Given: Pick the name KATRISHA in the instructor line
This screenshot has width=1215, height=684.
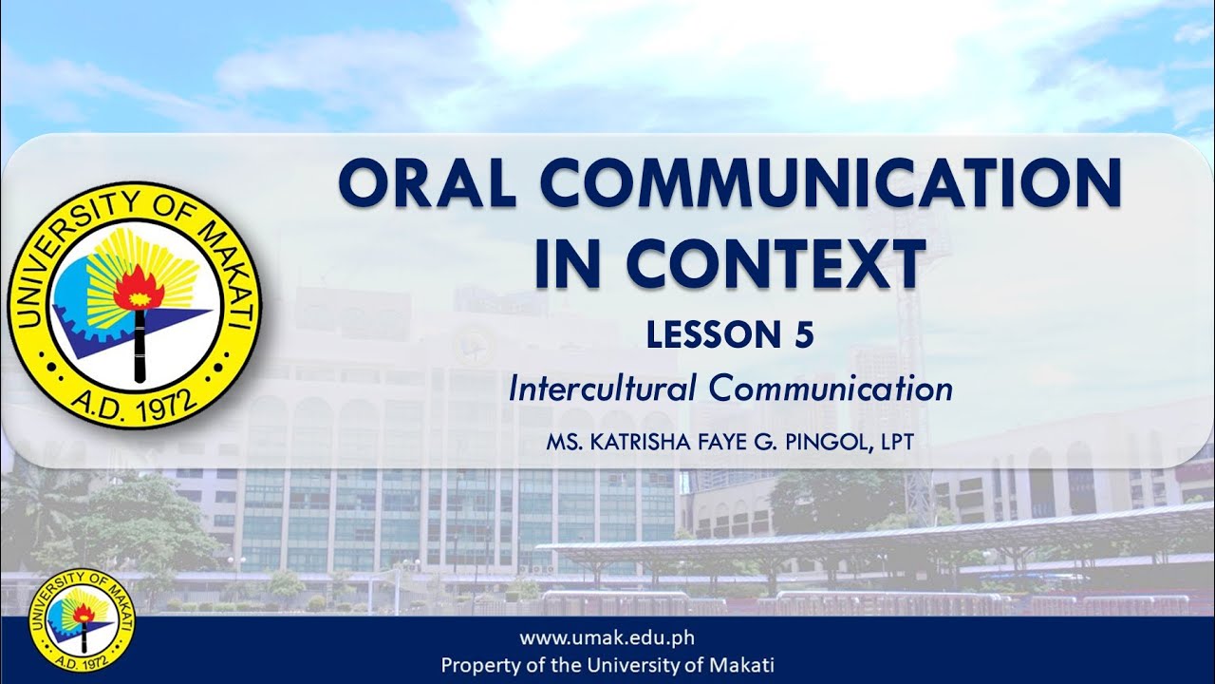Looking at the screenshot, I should click(629, 442).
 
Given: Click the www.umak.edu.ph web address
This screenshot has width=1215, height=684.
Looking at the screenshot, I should click(607, 637).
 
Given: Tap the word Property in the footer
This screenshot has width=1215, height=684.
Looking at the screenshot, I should click(479, 665).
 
